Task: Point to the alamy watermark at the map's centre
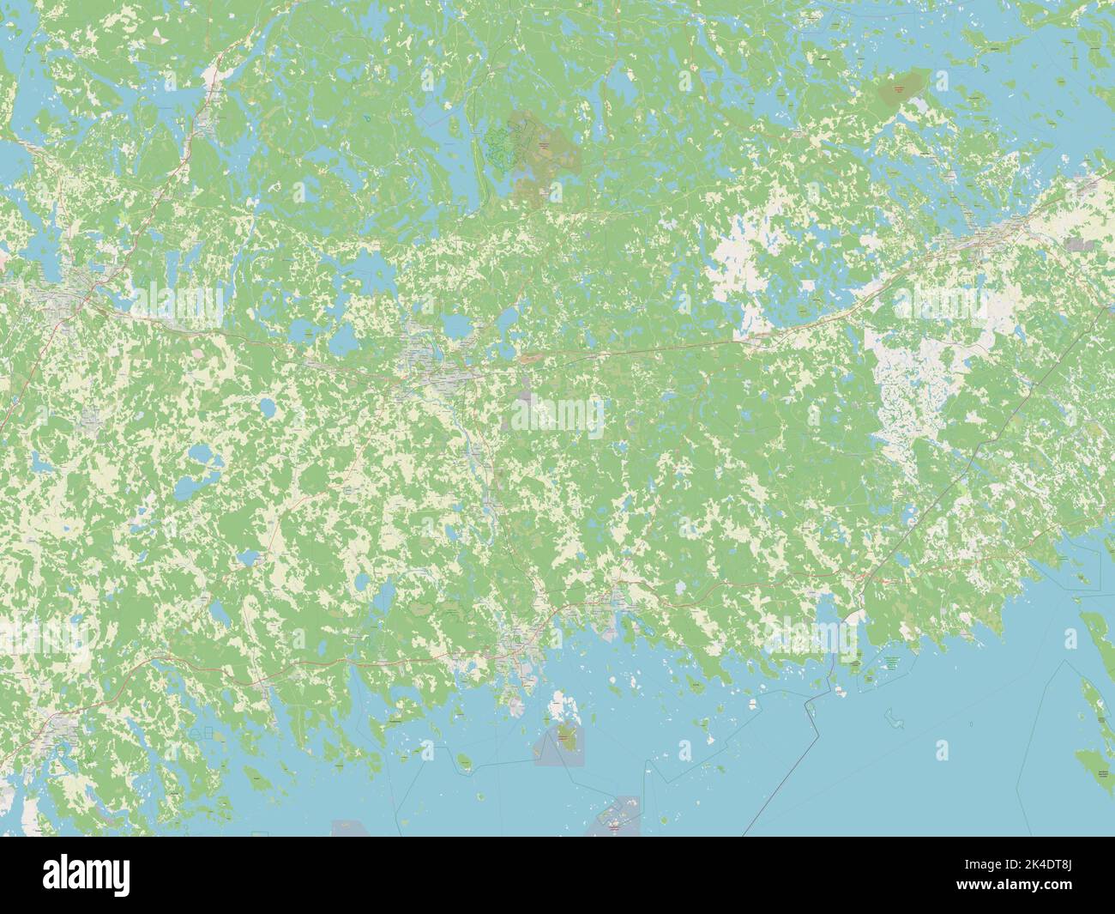(x=557, y=418)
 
